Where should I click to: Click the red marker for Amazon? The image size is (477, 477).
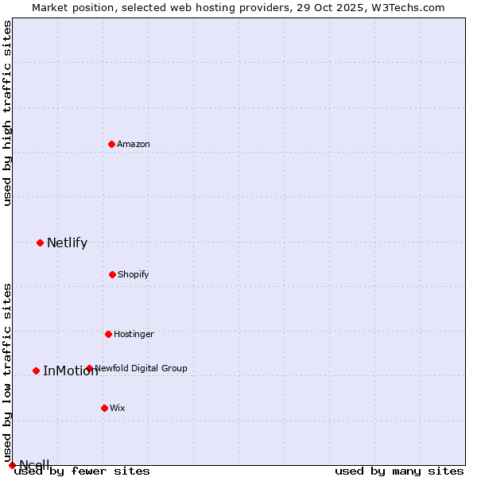click(x=111, y=144)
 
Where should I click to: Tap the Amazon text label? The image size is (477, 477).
click(x=134, y=145)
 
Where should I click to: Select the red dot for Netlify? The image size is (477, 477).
click(x=40, y=242)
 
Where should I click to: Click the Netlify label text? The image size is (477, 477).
click(x=67, y=243)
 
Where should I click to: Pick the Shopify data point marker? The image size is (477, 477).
click(x=112, y=274)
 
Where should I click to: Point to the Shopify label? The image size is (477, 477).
click(x=134, y=275)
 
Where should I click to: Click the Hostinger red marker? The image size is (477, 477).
click(x=108, y=334)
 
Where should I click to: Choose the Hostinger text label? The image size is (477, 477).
click(x=134, y=335)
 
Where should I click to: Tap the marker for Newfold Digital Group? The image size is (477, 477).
click(x=89, y=368)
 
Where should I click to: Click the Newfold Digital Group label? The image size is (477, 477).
click(x=142, y=369)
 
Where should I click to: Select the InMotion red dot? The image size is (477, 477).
click(x=36, y=370)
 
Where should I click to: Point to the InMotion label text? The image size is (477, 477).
click(x=70, y=371)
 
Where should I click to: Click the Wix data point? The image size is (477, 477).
click(x=104, y=408)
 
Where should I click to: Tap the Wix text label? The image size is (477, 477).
click(x=118, y=409)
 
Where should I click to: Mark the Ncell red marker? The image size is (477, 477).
click(x=12, y=465)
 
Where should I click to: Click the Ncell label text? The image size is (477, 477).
click(x=34, y=465)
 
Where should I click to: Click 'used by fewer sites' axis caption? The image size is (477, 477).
click(x=82, y=471)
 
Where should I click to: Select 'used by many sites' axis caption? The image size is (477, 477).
click(x=399, y=471)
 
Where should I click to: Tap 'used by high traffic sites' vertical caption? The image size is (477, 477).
click(x=8, y=113)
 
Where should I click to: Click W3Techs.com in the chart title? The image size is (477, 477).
click(x=412, y=8)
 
